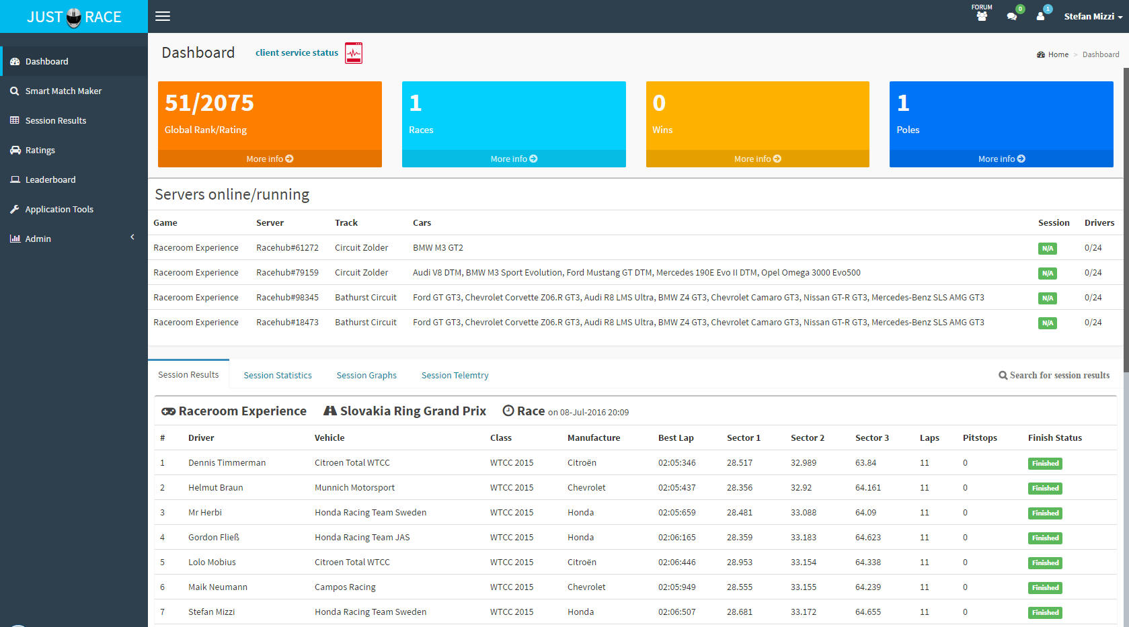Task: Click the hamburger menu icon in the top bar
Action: pyautogui.click(x=162, y=16)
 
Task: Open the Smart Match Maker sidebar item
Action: pyautogui.click(x=63, y=91)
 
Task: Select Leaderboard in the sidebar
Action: pyautogui.click(x=50, y=179)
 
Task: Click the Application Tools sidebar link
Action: pyautogui.click(x=59, y=209)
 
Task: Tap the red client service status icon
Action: pyautogui.click(x=353, y=53)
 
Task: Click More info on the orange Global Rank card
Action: pyautogui.click(x=270, y=159)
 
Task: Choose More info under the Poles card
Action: pyautogui.click(x=1001, y=159)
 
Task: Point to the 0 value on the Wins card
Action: pyautogui.click(x=659, y=103)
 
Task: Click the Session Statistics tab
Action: pyautogui.click(x=278, y=375)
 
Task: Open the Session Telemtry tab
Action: pyautogui.click(x=455, y=375)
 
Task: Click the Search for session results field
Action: pyautogui.click(x=1054, y=375)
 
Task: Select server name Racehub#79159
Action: pyautogui.click(x=287, y=272)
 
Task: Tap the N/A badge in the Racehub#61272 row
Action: pyautogui.click(x=1048, y=248)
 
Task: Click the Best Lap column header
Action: pyautogui.click(x=676, y=437)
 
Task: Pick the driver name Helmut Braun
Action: pyautogui.click(x=216, y=487)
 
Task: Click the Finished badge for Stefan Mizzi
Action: pyautogui.click(x=1046, y=612)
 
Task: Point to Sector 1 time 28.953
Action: pyautogui.click(x=740, y=562)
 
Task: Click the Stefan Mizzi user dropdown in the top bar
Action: pyautogui.click(x=1093, y=16)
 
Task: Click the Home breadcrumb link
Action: pyautogui.click(x=1058, y=54)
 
